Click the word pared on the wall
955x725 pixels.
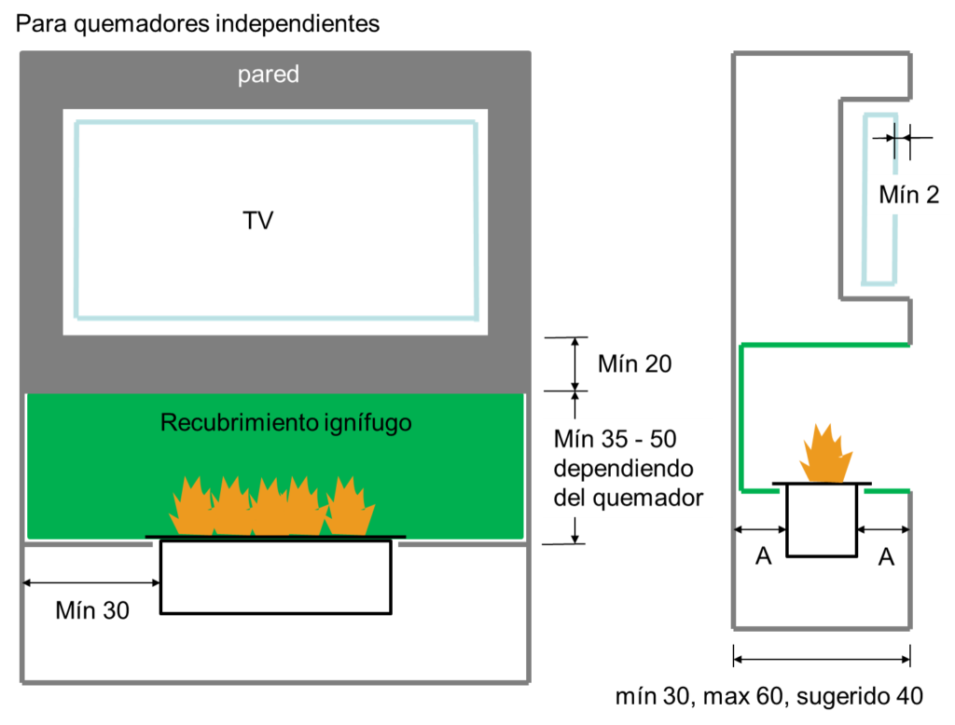[269, 75]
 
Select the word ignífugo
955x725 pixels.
[367, 423]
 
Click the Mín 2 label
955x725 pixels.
[908, 195]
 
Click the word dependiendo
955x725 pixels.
[623, 468]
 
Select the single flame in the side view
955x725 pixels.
[825, 456]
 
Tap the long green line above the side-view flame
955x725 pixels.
[824, 345]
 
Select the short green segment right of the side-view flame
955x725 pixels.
[886, 490]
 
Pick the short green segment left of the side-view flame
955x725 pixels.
[760, 490]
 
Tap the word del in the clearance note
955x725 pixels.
[569, 498]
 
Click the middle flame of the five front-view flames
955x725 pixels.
[270, 510]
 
